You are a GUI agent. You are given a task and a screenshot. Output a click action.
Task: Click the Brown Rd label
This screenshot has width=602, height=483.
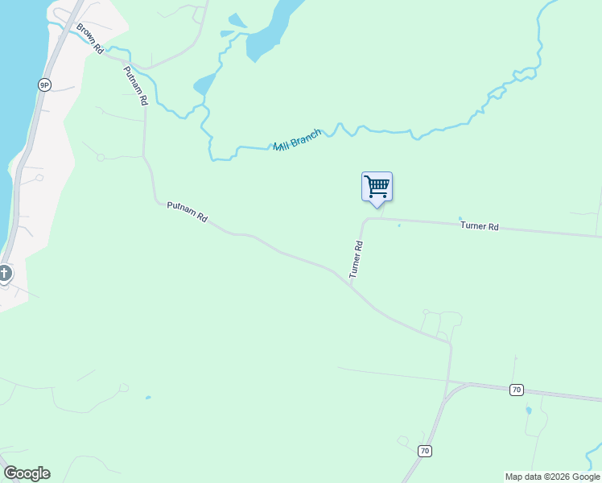pyautogui.click(x=91, y=39)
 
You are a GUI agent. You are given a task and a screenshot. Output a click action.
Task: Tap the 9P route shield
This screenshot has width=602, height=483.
pyautogui.click(x=43, y=84)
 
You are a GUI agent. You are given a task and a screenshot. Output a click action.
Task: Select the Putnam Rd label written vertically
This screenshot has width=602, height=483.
pyautogui.click(x=135, y=86)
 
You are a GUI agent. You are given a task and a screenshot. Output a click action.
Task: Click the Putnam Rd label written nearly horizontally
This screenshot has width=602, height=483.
pyautogui.click(x=187, y=212)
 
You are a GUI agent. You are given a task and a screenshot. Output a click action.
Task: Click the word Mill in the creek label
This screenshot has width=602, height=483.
pyautogui.click(x=282, y=146)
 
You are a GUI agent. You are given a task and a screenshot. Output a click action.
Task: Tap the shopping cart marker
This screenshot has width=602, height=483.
pyautogui.click(x=377, y=187)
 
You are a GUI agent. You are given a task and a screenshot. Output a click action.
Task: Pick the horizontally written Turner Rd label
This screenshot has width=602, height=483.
pyautogui.click(x=480, y=226)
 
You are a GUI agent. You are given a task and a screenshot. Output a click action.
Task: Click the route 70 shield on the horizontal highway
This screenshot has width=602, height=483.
pyautogui.click(x=517, y=390)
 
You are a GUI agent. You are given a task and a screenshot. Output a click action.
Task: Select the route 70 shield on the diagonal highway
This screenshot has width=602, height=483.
pyautogui.click(x=425, y=452)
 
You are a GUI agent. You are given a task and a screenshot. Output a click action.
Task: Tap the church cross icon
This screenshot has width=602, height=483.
pyautogui.click(x=5, y=274)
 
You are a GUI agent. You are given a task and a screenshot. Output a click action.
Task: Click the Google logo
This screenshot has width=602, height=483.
pyautogui.click(x=27, y=473)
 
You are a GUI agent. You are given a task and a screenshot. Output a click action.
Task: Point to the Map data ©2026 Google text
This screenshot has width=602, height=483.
pyautogui.click(x=552, y=477)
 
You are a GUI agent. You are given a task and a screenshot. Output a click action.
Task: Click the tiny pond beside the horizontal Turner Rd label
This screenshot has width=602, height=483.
pyautogui.click(x=460, y=217)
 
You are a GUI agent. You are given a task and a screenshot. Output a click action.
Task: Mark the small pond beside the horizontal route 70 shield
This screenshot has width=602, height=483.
pyautogui.click(x=528, y=411)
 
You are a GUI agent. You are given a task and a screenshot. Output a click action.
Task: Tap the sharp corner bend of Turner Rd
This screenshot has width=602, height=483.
pyautogui.click(x=366, y=219)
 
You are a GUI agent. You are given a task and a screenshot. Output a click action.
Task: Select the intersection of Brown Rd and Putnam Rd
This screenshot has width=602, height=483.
pyautogui.click(x=123, y=60)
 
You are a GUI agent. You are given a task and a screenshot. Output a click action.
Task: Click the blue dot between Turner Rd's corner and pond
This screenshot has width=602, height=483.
pyautogui.click(x=398, y=225)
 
